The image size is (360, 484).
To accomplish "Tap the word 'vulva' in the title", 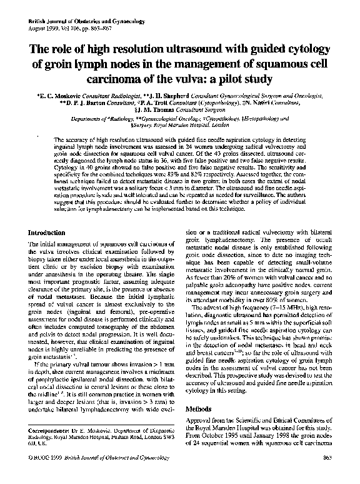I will pos(175,79).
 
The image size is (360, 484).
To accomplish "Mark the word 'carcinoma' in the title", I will pos(120,79).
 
